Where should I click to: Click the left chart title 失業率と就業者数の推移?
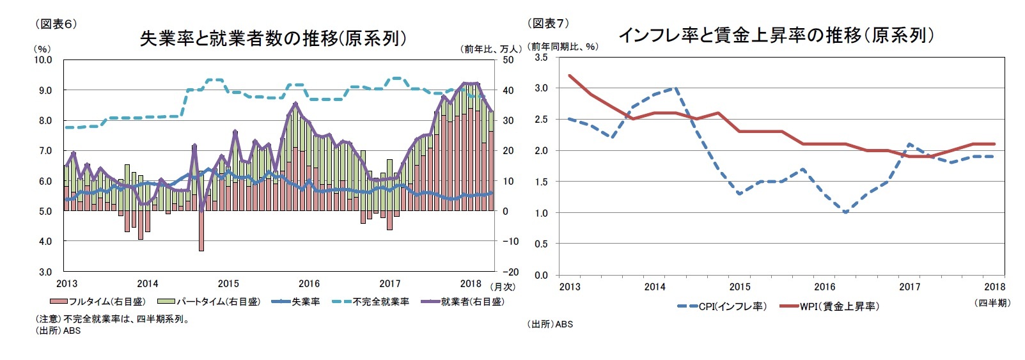pyautogui.click(x=273, y=39)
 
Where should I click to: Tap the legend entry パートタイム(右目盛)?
pyautogui.click(x=211, y=302)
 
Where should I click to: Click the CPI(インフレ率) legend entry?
pyautogui.click(x=723, y=306)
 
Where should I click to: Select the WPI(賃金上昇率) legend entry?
pyautogui.click(x=831, y=306)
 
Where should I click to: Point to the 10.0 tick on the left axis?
pyautogui.click(x=43, y=60)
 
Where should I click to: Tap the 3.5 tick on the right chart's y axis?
pyautogui.click(x=541, y=58)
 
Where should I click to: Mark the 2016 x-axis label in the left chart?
pyautogui.click(x=309, y=284)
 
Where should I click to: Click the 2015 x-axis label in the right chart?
pyautogui.click(x=740, y=287)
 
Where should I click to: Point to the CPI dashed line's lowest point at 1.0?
pyautogui.click(x=845, y=212)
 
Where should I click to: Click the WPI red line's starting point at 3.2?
pyautogui.click(x=570, y=75)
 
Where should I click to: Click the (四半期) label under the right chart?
pyautogui.click(x=992, y=303)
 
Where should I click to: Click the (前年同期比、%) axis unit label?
pyautogui.click(x=564, y=47)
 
